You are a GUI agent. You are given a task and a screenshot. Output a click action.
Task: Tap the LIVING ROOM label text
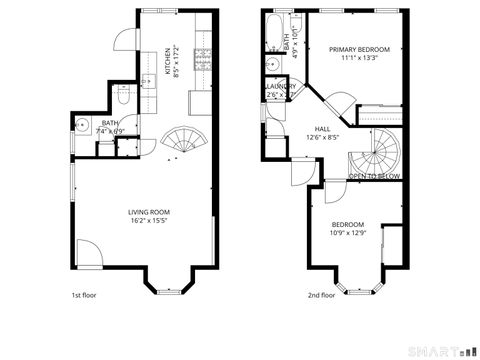tap(148, 212)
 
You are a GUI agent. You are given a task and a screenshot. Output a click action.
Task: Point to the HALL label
tap(322, 129)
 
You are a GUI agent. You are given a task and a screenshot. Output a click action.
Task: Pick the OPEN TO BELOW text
tap(374, 176)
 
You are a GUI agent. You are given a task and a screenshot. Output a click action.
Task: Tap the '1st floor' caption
tap(83, 295)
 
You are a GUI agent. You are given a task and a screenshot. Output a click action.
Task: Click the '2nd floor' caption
tap(321, 295)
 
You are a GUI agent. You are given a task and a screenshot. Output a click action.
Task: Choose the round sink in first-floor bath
tap(80, 124)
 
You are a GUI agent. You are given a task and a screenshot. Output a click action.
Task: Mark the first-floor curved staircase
tap(183, 140)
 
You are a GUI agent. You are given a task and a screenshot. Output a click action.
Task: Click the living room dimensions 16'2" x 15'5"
tap(148, 222)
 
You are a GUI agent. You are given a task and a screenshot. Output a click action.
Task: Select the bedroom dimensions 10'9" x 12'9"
tap(348, 234)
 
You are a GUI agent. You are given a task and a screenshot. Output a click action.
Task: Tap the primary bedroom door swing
tap(341, 101)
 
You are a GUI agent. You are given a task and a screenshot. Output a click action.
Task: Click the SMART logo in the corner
tap(442, 350)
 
